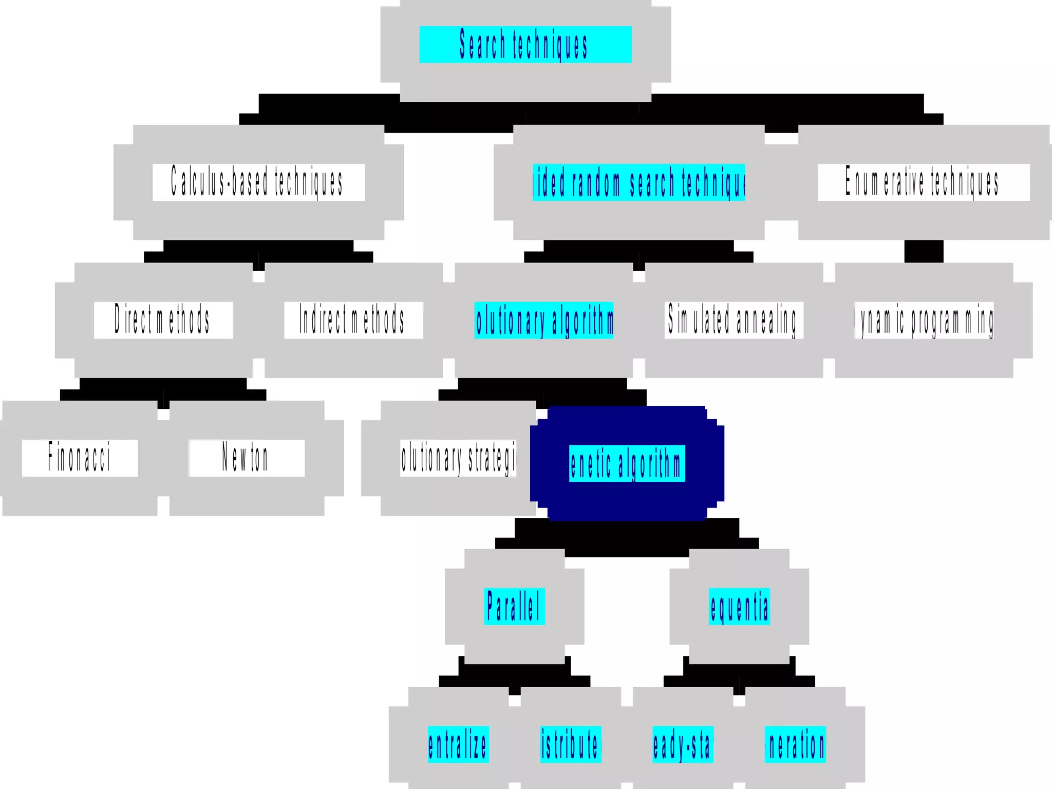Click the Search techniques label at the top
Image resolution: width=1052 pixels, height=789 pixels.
[x=525, y=45]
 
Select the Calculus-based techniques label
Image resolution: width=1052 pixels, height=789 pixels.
[x=258, y=182]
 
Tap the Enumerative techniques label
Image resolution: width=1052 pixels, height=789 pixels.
[x=923, y=182]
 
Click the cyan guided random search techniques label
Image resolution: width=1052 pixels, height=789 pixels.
[x=638, y=182]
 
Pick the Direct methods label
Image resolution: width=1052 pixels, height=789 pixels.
[x=163, y=320]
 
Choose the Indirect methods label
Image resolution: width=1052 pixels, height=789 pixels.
[x=353, y=320]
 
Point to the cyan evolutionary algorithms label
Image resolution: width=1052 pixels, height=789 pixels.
[x=544, y=320]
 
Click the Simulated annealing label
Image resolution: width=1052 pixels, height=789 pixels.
[x=734, y=320]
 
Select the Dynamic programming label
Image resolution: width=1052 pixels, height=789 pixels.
[x=924, y=320]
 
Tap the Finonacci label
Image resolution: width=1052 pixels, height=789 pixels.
[x=80, y=458]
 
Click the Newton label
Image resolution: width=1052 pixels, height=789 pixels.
[x=247, y=458]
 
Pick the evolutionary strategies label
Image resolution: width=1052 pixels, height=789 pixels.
[x=458, y=458]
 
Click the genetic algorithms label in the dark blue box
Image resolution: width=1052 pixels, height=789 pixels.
[x=627, y=463]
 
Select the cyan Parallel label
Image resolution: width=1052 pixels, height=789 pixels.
[x=514, y=606]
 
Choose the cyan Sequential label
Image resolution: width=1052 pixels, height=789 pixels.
[x=739, y=606]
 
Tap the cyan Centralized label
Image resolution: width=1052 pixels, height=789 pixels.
[x=458, y=744]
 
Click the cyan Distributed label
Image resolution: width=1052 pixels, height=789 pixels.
[x=571, y=744]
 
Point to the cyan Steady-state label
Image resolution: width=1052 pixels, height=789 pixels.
[x=683, y=744]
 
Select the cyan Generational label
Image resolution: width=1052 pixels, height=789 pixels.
[x=795, y=744]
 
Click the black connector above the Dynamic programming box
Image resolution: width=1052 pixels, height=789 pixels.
[x=924, y=251]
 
